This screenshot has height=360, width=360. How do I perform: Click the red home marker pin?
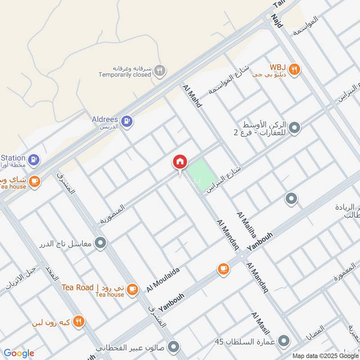(x=180, y=162)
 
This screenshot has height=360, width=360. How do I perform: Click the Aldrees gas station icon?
(x=127, y=121)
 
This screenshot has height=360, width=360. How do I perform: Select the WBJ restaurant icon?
(x=294, y=69)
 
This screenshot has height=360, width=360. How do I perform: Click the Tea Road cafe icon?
(x=132, y=289)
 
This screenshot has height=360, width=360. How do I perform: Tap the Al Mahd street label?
(x=193, y=95)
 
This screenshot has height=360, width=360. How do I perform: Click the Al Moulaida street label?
(x=163, y=279)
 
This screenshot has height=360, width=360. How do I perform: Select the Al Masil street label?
(x=261, y=324)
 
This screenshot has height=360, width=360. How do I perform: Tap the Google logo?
(x=19, y=353)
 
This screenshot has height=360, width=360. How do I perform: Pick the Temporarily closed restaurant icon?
(x=159, y=70)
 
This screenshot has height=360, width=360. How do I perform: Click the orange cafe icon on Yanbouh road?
(x=223, y=269)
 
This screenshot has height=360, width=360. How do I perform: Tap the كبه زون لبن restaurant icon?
(x=79, y=321)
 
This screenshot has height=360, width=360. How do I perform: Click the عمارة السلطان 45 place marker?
(x=284, y=341)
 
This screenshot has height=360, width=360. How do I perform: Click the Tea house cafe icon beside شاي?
(x=34, y=181)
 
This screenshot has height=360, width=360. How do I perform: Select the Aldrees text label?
(x=105, y=120)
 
